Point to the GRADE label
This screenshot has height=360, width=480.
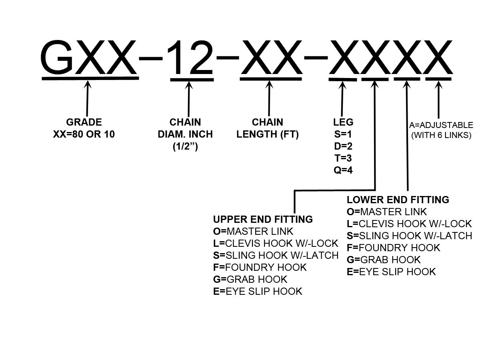pos(84,122)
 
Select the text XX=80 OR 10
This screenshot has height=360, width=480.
pos(84,134)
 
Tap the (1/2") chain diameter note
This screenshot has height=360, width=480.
pos(185,146)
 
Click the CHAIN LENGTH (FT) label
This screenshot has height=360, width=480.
pos(268,128)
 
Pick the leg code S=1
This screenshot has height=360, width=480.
pos(343,134)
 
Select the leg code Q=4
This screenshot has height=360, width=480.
pos(343,170)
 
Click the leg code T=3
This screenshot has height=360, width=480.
pos(343,158)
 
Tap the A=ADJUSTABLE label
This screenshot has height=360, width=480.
pos(441,126)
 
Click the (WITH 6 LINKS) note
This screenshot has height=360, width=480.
pos(441,135)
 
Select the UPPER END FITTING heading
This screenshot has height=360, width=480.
pos(263,219)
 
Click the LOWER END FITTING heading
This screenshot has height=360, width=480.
pos(398,200)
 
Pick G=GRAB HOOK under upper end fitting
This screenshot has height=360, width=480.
pos(250,279)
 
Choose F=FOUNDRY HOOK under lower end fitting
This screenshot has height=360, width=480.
pos(393,248)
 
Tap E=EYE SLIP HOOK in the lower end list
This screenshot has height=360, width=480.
pos(391,272)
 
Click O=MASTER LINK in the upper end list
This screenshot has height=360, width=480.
pos(253,231)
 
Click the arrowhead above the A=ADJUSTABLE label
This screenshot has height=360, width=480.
pos(438,85)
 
